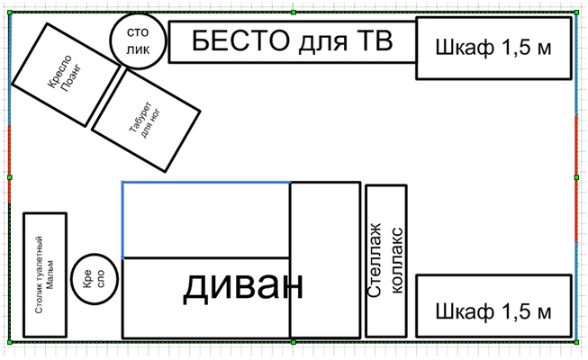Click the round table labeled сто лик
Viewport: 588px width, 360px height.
point(138,41)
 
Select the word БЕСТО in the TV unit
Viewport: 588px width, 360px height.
point(240,40)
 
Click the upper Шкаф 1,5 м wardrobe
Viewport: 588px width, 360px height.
point(493,48)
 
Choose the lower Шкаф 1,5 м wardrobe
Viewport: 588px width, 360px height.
point(493,306)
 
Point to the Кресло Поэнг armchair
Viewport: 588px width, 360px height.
point(67,75)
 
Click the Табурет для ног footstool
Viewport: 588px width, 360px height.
point(146,121)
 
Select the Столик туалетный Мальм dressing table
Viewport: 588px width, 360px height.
point(45,274)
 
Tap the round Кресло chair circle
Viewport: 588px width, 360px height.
point(95,279)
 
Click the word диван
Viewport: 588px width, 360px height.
point(242,286)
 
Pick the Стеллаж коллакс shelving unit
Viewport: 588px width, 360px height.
point(386,261)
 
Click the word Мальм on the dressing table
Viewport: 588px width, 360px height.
point(50,274)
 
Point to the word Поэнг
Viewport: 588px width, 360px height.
point(71,78)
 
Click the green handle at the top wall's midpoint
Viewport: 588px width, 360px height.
point(294,13)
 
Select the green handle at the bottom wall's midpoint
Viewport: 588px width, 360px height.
point(294,342)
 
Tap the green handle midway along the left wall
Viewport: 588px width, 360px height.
point(10,177)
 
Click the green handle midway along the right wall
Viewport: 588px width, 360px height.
point(576,177)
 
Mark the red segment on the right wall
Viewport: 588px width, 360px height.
point(576,179)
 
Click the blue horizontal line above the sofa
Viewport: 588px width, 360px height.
point(206,183)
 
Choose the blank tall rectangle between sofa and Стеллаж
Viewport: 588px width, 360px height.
point(325,260)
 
